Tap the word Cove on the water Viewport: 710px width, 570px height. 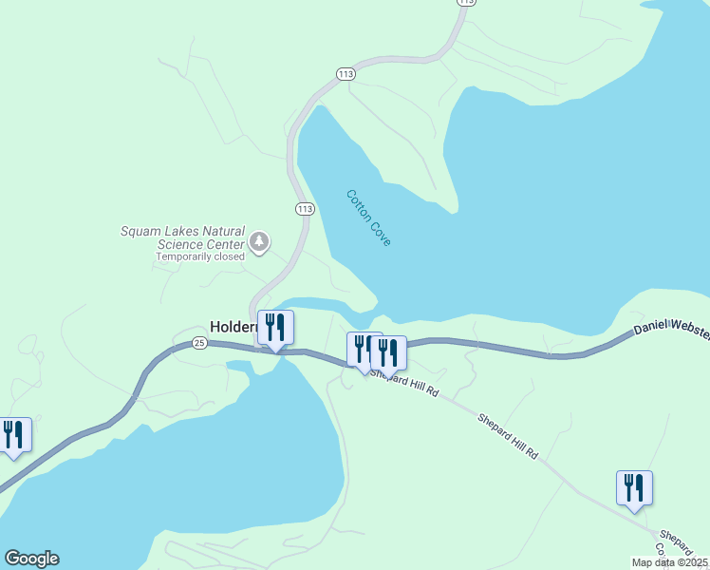(381, 236)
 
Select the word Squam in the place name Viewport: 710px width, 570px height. (139, 231)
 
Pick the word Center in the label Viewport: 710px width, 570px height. (224, 244)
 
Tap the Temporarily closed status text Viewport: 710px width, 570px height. (200, 256)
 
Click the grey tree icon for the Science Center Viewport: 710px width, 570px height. (259, 242)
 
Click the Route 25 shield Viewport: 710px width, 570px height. (198, 342)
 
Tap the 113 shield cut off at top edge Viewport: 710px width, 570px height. (464, 3)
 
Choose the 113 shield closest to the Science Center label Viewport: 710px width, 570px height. (305, 209)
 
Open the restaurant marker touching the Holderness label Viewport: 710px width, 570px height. (275, 328)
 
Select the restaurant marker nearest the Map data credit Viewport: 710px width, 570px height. (634, 489)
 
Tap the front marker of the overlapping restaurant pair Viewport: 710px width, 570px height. (388, 352)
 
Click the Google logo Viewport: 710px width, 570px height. (31, 559)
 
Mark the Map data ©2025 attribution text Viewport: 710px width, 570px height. (669, 562)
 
